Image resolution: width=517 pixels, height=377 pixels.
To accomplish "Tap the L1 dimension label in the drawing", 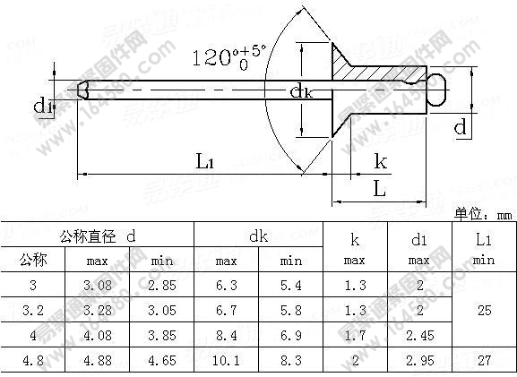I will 204,161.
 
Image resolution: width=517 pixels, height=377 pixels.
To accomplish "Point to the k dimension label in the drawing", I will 381,161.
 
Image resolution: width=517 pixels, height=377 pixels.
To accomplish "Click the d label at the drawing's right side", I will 460,129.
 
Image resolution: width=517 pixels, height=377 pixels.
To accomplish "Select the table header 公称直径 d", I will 99,236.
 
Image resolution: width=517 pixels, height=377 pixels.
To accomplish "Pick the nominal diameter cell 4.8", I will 33,362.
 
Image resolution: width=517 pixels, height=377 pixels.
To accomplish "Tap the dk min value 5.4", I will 291,286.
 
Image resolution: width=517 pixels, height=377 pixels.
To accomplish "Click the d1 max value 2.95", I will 418,362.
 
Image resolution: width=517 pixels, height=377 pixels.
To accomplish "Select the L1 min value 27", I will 484,362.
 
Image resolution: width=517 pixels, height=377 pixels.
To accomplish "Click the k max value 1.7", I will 355,336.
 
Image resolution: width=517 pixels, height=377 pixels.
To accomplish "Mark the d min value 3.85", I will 162,336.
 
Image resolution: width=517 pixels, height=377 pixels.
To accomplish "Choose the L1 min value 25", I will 484,311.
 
